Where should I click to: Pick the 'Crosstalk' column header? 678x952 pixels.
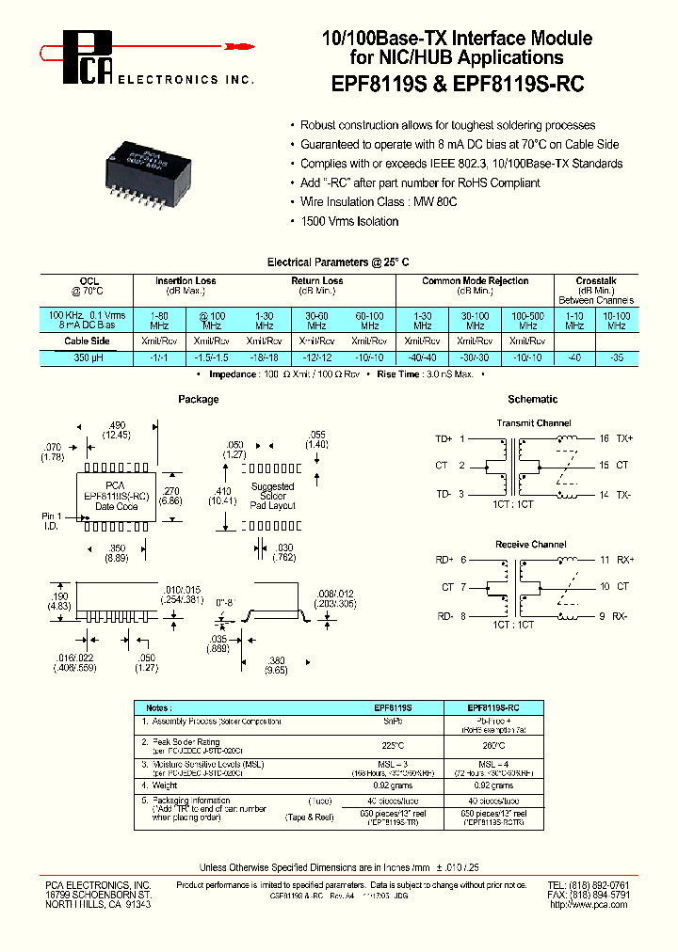(595, 280)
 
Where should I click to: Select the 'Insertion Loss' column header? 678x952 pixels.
(186, 280)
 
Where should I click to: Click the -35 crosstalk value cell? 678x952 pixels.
(617, 357)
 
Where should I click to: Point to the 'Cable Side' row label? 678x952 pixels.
(87, 341)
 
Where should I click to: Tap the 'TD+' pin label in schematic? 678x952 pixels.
(444, 439)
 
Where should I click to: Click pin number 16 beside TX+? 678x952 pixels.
(604, 438)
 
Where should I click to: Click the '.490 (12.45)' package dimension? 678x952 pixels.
(118, 428)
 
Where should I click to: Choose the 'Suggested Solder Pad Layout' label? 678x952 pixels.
(272, 496)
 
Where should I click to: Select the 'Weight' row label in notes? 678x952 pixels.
(166, 785)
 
